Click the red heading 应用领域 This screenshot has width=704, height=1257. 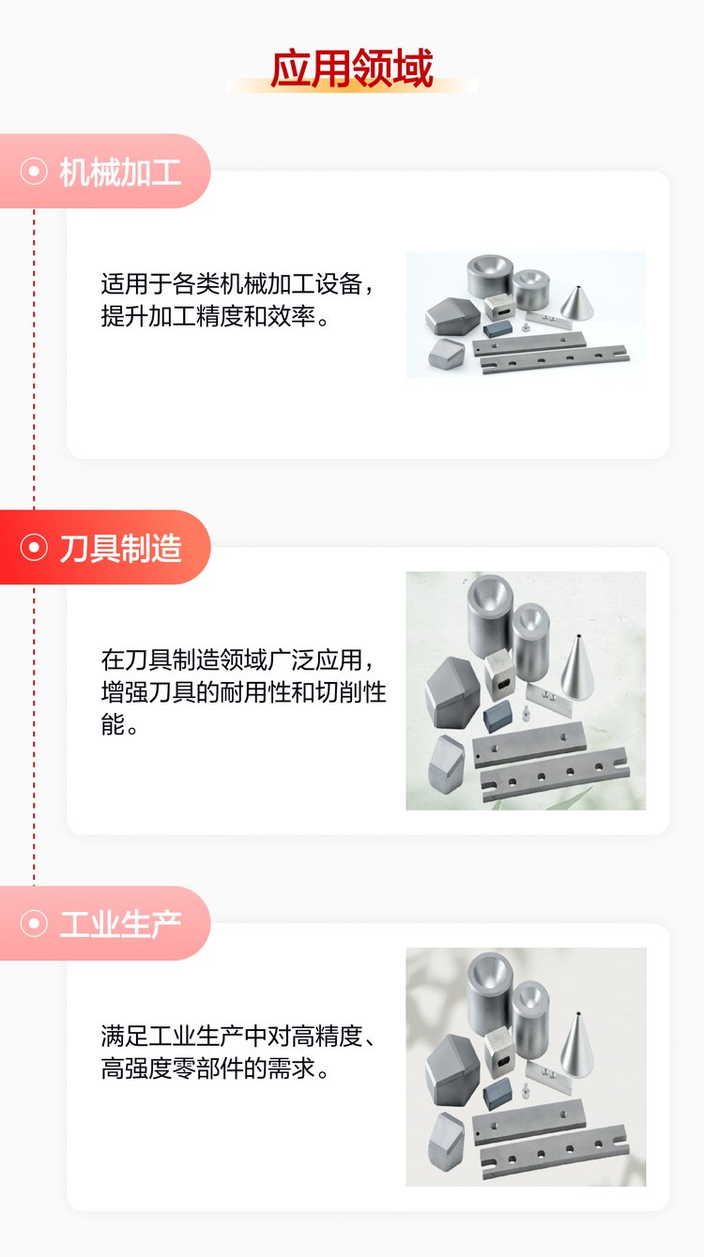[x=351, y=68]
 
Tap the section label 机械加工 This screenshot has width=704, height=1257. [x=120, y=172]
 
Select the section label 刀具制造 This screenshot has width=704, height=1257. [x=120, y=548]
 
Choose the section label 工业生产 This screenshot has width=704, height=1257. [x=120, y=924]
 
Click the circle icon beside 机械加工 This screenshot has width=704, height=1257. [x=34, y=171]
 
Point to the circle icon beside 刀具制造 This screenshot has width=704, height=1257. [x=34, y=547]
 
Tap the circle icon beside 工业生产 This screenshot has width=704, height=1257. [x=34, y=923]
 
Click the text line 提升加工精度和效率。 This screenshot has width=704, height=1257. [x=214, y=316]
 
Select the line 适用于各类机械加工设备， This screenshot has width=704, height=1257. [x=237, y=284]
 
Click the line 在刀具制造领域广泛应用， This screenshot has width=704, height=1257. [x=237, y=660]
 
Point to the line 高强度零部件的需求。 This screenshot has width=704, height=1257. [x=214, y=1068]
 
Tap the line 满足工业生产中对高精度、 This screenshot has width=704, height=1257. [x=237, y=1036]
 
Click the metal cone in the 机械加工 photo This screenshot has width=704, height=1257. [x=577, y=304]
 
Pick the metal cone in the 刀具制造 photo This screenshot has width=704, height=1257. [x=577, y=668]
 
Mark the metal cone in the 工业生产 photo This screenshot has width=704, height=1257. [x=577, y=1044]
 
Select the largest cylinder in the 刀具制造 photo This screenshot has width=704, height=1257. [x=490, y=615]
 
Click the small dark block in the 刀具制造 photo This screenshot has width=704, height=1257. [x=497, y=715]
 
